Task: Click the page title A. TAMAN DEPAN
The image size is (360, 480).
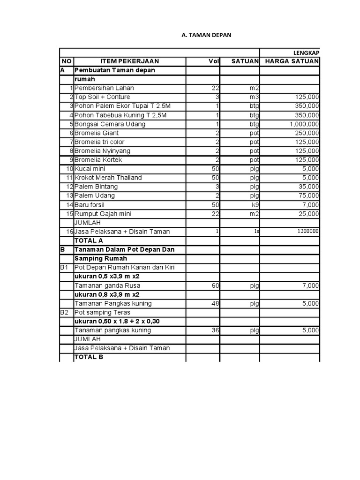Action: (x=206, y=35)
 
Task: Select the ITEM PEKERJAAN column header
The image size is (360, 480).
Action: (x=130, y=61)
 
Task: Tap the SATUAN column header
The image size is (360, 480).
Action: (x=245, y=61)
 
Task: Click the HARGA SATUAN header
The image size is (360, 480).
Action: (x=292, y=61)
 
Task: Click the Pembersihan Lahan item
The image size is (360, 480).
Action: (x=101, y=88)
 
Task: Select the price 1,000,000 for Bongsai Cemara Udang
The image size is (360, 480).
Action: (x=304, y=124)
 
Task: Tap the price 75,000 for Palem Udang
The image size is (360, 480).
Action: (x=309, y=196)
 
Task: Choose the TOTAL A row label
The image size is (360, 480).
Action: (x=89, y=240)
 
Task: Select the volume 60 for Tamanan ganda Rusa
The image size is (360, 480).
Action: (x=215, y=285)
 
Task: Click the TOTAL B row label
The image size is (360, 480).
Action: (x=89, y=357)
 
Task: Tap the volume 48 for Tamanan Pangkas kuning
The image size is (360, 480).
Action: (x=215, y=303)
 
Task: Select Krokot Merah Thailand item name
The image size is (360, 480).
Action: (x=108, y=178)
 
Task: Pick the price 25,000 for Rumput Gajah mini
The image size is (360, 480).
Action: (x=309, y=214)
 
